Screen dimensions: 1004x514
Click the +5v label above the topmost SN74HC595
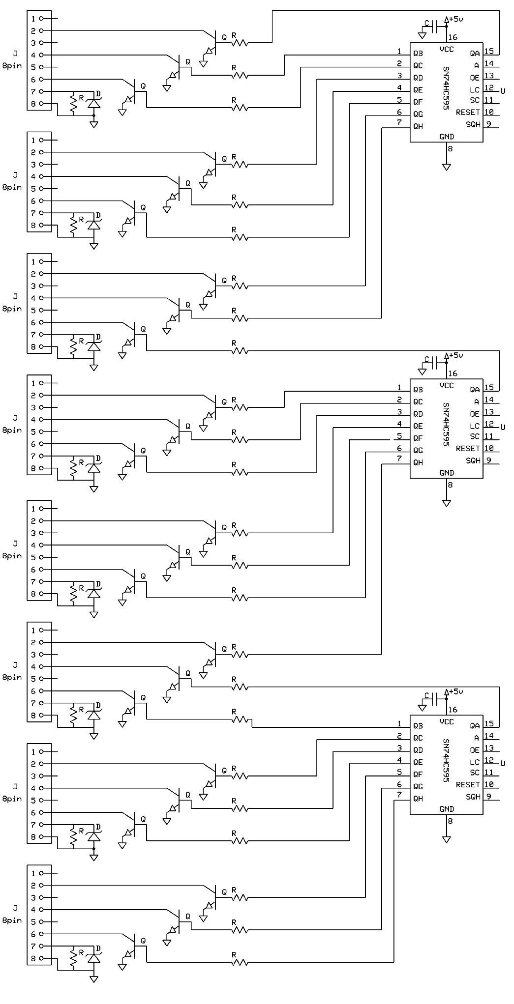[x=456, y=19]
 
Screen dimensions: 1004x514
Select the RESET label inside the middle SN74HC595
[x=467, y=448]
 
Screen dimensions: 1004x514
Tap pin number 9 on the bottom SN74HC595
[x=488, y=796]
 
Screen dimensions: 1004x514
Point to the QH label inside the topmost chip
[x=418, y=126]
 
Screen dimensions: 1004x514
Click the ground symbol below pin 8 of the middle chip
[x=446, y=503]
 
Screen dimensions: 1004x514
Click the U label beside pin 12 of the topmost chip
[x=503, y=91]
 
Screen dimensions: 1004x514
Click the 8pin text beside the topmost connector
[x=12, y=65]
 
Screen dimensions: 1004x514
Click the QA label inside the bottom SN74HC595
[x=474, y=725]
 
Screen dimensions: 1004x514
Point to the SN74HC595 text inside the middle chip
[x=446, y=425]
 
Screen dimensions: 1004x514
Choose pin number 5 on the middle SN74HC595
[x=399, y=436]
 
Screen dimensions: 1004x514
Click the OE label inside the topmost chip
[x=474, y=78]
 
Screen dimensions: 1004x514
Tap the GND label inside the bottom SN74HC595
[x=446, y=809]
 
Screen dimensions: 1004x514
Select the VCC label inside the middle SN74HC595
[x=446, y=385]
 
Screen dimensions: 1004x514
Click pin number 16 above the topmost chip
[x=453, y=37]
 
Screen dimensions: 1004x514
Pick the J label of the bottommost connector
[x=15, y=908]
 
